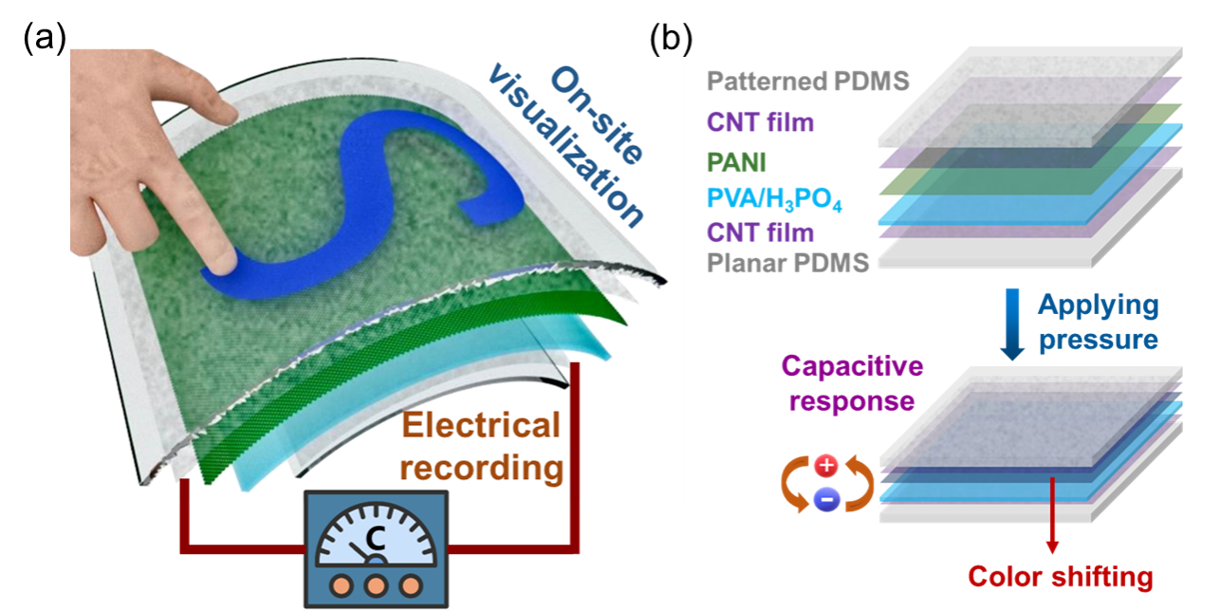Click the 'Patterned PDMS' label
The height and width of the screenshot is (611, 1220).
coord(808,82)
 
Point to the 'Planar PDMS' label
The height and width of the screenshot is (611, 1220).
coord(788,262)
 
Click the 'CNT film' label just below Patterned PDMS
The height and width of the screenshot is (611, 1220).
coord(760,122)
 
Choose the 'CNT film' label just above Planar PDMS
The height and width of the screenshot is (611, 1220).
coord(760,231)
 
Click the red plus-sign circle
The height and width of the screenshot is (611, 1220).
coord(826,466)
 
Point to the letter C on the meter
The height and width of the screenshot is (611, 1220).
coord(376,539)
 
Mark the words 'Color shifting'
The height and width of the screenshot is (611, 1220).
coord(1061,577)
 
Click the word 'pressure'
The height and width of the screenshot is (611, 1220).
coord(1099,339)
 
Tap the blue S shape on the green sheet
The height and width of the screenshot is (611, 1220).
coord(379,190)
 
